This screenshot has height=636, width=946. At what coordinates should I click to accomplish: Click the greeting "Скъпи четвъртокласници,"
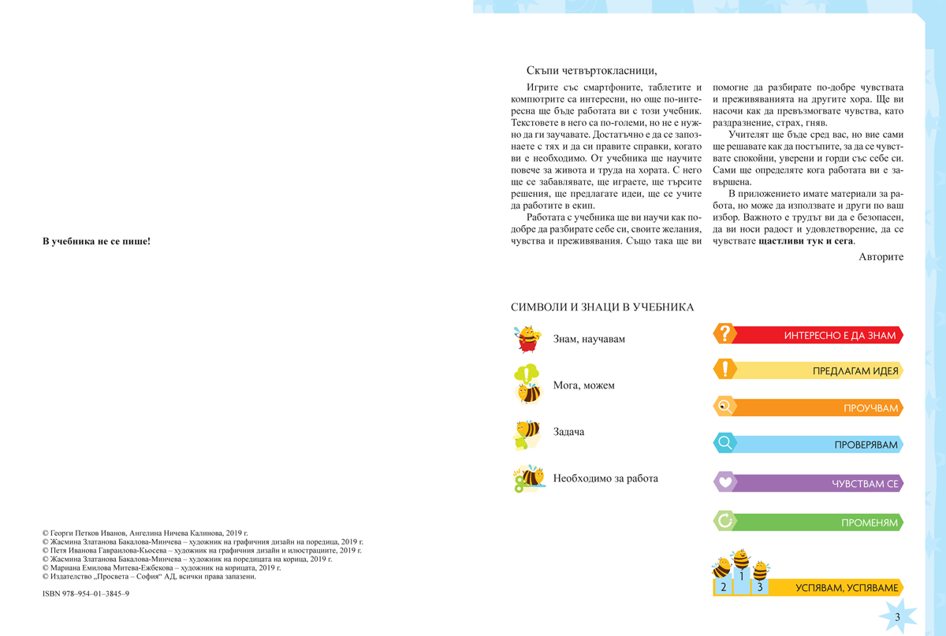point(591,70)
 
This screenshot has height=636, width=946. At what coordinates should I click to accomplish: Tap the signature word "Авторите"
point(881,257)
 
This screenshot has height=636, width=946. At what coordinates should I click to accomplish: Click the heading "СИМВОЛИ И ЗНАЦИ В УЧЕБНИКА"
point(602,307)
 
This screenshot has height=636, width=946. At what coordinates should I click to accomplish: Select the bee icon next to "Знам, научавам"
point(526,338)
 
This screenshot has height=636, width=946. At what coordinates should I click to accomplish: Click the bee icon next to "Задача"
point(526,433)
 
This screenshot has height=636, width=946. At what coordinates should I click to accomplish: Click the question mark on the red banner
point(724,334)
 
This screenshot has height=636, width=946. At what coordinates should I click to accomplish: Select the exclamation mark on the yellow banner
point(724,370)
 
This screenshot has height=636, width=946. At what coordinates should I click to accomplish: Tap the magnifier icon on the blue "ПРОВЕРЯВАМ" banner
point(724,444)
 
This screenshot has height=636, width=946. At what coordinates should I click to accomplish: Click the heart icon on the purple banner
point(724,482)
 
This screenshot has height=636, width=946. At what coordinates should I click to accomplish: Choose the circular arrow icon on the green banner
point(724,521)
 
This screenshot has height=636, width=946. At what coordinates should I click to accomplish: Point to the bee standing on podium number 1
point(741,560)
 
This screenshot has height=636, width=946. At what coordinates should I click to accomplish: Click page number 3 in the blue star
point(898,616)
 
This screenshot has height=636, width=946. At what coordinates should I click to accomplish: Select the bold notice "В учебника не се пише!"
point(96,241)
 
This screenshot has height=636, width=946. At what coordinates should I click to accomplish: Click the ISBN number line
point(86,593)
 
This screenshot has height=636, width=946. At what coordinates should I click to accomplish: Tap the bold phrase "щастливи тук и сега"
point(806,241)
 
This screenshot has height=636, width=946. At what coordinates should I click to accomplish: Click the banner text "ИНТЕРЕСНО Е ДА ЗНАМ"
point(840,335)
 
